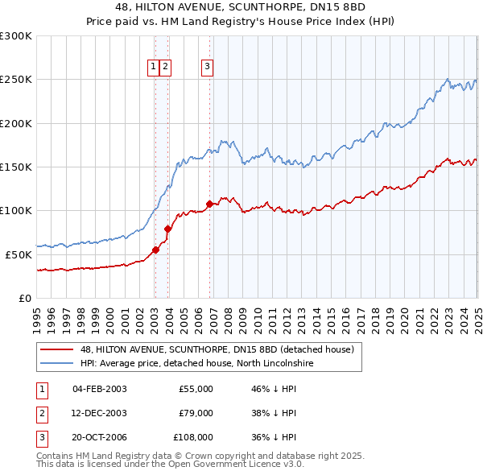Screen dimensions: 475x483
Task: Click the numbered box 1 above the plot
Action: point(153,67)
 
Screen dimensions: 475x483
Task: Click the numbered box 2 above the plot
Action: point(165,67)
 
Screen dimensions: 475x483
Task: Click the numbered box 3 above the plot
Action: point(207,67)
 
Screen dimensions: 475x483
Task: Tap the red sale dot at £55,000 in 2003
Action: point(155,250)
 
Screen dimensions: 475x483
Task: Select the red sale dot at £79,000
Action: point(168,229)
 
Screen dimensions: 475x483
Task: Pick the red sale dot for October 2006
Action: point(210,204)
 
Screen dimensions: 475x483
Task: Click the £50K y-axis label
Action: point(19,254)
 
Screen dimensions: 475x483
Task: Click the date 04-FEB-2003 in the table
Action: point(100,389)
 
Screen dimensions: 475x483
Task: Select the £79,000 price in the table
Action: point(195,413)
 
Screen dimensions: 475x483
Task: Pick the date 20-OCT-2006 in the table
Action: point(100,437)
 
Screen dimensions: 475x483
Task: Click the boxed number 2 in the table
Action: point(41,413)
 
